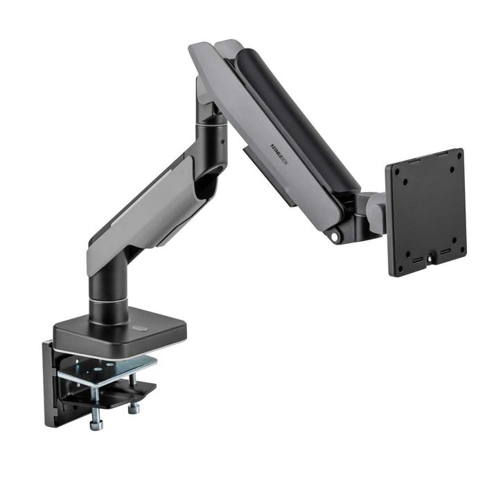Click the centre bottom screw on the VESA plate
(x=430, y=257)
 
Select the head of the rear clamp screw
(x=133, y=409)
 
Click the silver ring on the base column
(x=114, y=303)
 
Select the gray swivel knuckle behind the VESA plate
(x=376, y=211)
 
